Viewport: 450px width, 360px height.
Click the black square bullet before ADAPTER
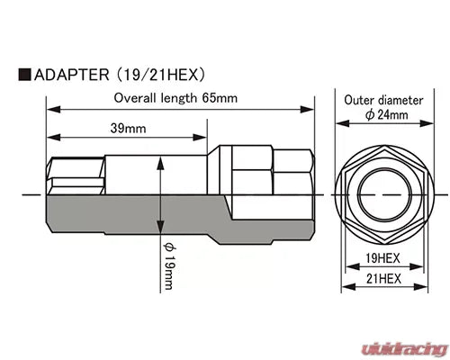[24, 74]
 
